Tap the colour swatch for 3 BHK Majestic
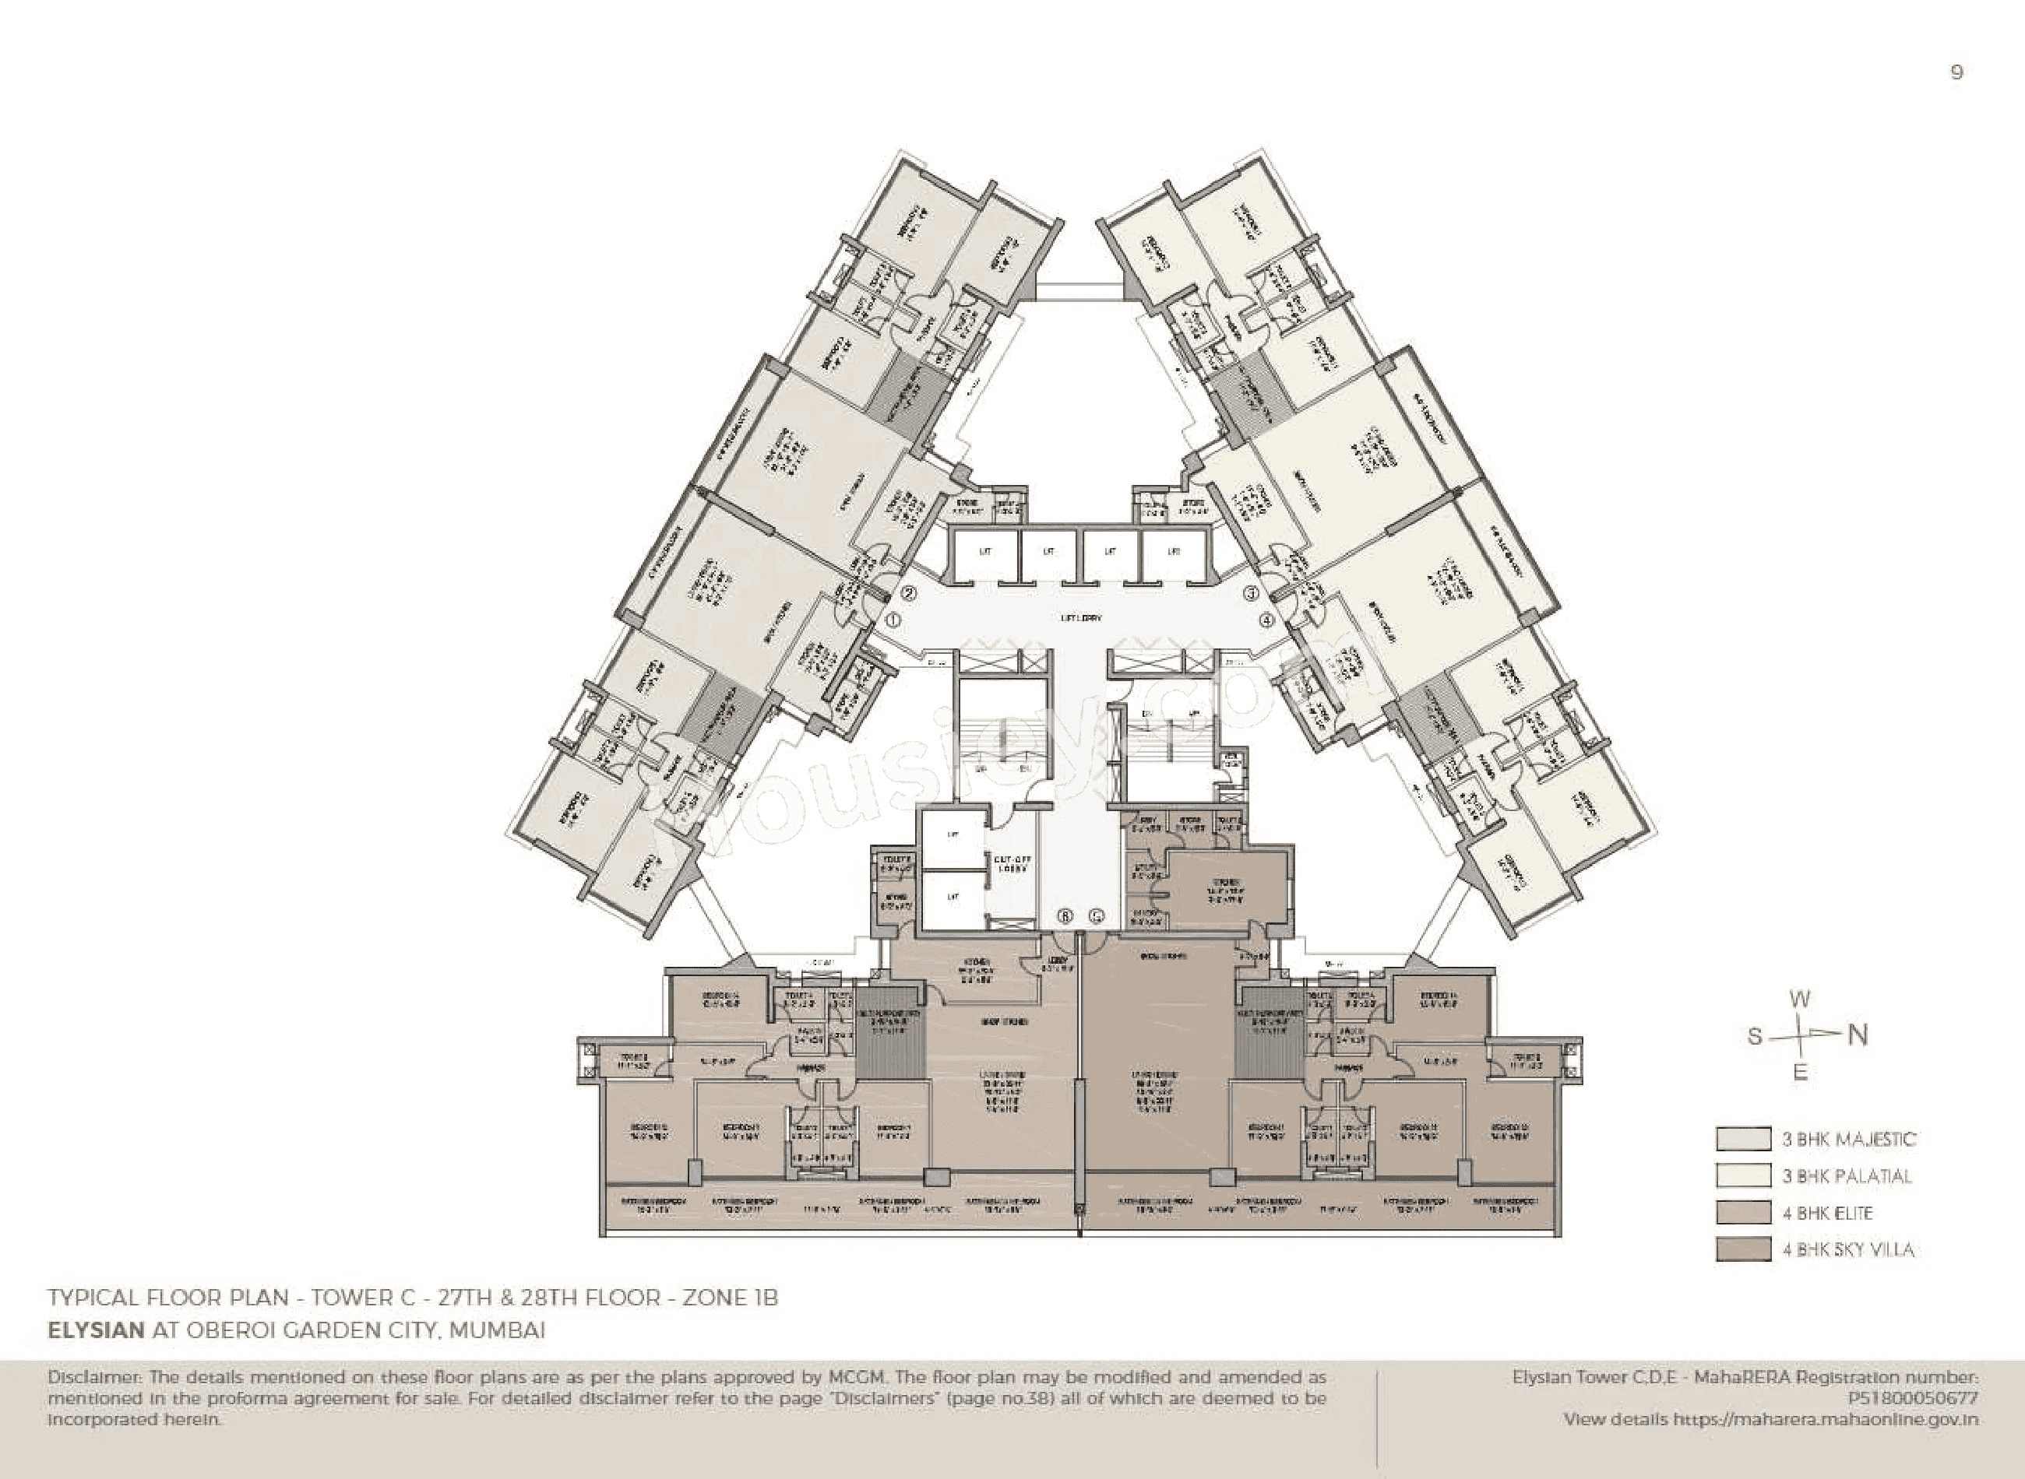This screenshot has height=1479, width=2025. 1743,1139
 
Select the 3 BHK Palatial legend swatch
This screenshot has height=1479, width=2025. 1743,1175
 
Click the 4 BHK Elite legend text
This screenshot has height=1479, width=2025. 1827,1213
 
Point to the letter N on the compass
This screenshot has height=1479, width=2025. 1858,1036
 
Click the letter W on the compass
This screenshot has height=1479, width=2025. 1799,1000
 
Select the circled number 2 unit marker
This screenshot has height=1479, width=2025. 908,592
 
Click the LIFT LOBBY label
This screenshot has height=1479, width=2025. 1080,618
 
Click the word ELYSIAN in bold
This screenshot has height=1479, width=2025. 96,1330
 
